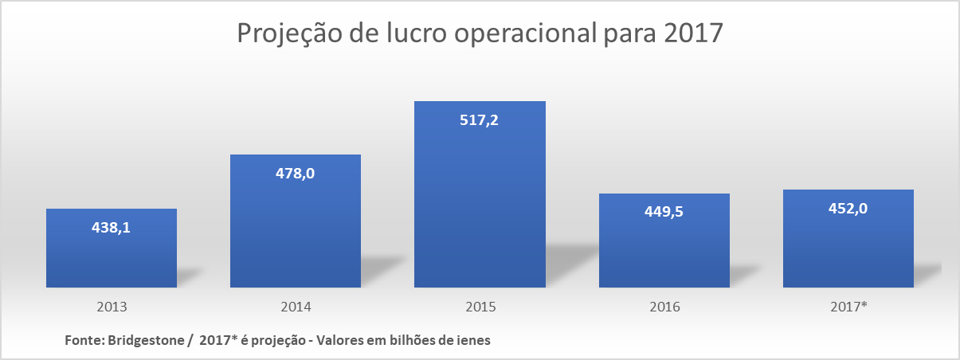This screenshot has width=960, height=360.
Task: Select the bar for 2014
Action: tap(296, 231)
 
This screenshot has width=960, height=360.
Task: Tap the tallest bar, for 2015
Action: tap(480, 207)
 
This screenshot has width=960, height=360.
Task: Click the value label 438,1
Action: tap(112, 227)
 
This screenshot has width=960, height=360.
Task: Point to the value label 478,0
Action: tap(296, 173)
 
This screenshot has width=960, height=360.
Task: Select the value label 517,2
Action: tap(480, 120)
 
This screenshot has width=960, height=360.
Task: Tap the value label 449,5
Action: tap(664, 212)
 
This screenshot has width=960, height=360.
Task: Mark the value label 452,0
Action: tap(848, 208)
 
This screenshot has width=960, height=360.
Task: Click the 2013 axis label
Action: tap(112, 307)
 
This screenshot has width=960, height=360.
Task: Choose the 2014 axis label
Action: tap(296, 307)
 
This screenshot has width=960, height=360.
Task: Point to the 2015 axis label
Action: tap(480, 307)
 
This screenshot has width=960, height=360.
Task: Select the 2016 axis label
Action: tap(664, 307)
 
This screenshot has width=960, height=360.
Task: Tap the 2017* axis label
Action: tap(848, 307)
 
